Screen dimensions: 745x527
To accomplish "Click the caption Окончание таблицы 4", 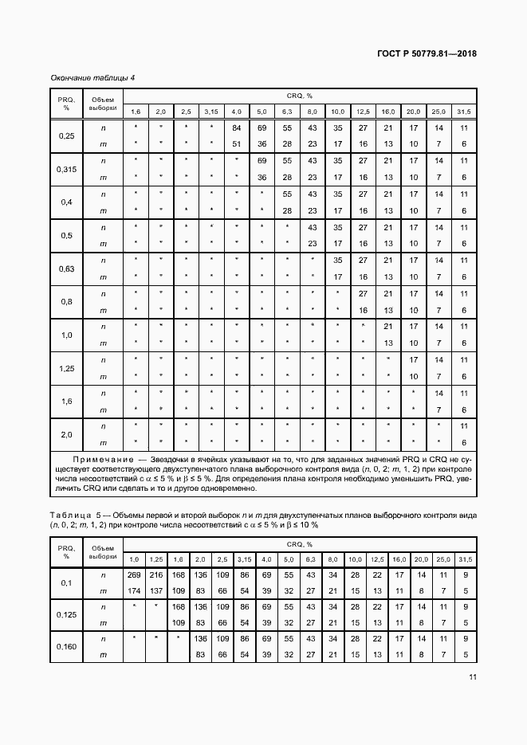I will (92, 77).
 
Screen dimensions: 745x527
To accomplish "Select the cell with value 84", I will (236, 127).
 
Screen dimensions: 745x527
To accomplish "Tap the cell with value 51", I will (236, 144).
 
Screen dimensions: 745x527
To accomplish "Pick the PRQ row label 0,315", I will (67, 169).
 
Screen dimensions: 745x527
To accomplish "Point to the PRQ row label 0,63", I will (67, 269).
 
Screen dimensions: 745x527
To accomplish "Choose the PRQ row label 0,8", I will (67, 302).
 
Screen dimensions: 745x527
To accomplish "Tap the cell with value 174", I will (135, 590).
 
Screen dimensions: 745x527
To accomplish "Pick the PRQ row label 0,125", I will (67, 615).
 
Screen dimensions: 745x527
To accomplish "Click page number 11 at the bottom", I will (472, 677).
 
